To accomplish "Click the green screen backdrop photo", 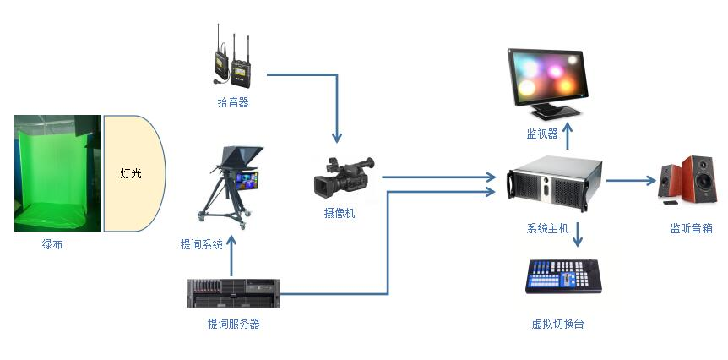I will [57, 173].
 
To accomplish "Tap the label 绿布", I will [52, 245].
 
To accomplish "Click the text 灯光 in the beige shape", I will [130, 174].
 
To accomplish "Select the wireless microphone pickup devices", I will [232, 60].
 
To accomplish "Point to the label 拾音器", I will [232, 102].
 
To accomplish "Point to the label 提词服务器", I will [233, 324].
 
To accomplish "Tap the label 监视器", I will [542, 134].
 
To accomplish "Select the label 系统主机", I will [548, 228].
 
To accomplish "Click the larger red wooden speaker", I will [699, 179].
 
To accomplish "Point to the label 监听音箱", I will [691, 228].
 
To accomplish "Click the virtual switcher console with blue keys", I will [562, 276].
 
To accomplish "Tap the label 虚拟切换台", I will [557, 324].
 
